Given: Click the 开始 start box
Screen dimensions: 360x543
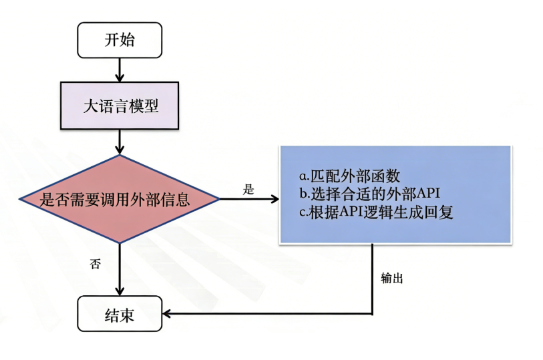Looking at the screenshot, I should click(120, 40).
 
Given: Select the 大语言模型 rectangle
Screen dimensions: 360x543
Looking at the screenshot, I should click(120, 106).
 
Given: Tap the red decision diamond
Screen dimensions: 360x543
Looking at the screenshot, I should click(120, 199).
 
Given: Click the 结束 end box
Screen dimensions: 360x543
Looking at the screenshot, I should click(120, 314).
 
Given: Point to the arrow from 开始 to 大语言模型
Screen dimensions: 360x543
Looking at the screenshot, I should click(120, 69).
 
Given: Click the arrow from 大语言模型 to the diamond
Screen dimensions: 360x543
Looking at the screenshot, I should click(120, 142).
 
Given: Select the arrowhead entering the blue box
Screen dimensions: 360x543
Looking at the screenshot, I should click(274, 199).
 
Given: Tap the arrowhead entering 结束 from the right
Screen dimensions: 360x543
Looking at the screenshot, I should click(168, 314).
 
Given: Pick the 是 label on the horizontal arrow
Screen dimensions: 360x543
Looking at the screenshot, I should click(248, 190).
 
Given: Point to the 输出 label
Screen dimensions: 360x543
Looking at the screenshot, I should click(391, 278).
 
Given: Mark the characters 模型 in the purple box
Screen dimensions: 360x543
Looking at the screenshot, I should click(145, 106).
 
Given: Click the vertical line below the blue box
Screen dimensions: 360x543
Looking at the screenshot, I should click(372, 277).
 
